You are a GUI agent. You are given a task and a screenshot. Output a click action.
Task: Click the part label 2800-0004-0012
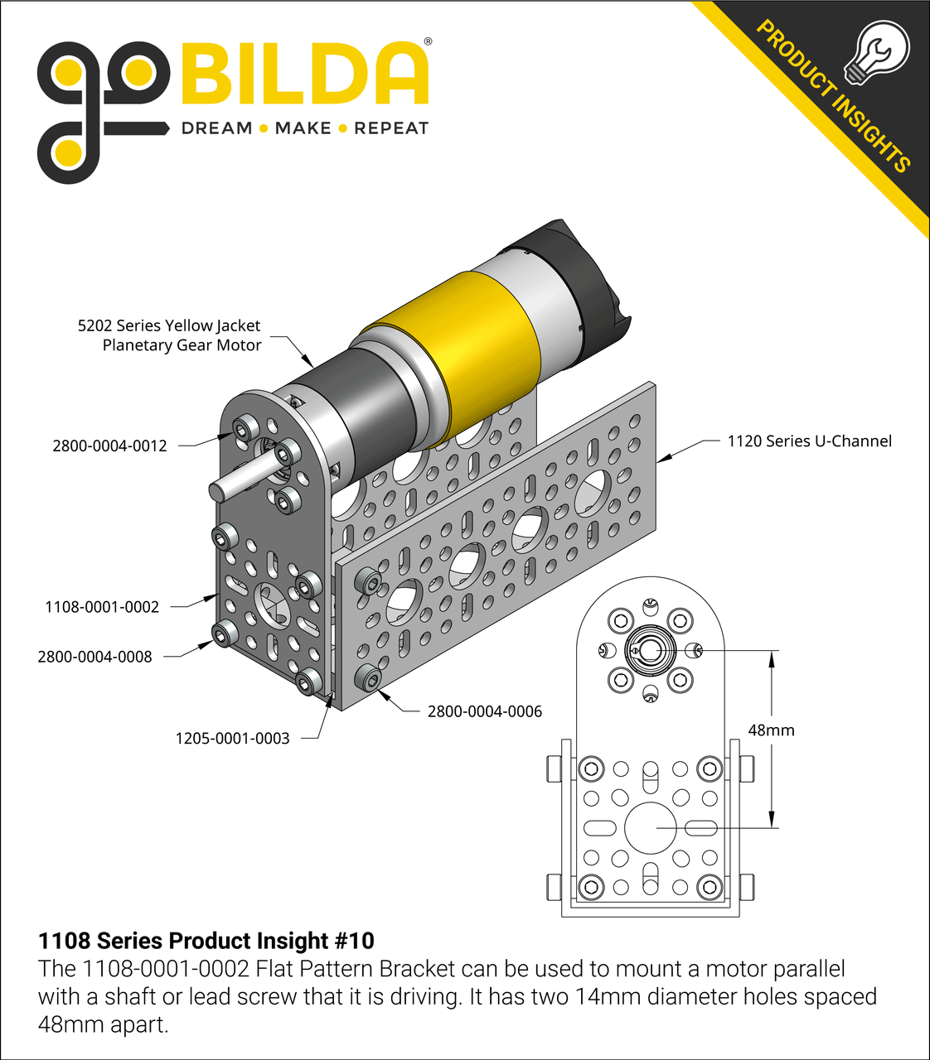pyautogui.click(x=109, y=446)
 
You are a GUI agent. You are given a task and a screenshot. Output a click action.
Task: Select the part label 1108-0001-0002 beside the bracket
pyautogui.click(x=102, y=607)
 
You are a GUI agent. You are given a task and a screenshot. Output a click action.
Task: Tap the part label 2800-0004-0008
pyautogui.click(x=94, y=657)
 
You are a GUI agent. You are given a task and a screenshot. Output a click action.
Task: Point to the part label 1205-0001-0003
pyautogui.click(x=232, y=738)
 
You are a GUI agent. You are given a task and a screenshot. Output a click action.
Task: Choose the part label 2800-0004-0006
pyautogui.click(x=484, y=711)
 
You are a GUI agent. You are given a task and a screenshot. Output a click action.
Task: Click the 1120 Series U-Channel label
pyautogui.click(x=809, y=441)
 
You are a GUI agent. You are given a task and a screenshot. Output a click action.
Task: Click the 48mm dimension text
pyautogui.click(x=771, y=730)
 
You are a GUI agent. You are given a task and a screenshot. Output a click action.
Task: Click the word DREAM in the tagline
pyautogui.click(x=216, y=128)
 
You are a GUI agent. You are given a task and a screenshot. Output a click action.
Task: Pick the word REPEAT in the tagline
pyautogui.click(x=391, y=128)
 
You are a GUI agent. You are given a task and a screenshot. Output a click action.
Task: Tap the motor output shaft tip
pyautogui.click(x=217, y=489)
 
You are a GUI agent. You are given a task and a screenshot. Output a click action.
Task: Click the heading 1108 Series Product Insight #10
pyautogui.click(x=206, y=941)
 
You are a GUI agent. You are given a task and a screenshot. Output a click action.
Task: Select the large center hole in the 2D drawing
pyautogui.click(x=651, y=827)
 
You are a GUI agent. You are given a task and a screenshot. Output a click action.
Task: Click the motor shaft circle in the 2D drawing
pyautogui.click(x=650, y=651)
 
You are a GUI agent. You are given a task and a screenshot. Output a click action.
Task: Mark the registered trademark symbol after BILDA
pyautogui.click(x=428, y=41)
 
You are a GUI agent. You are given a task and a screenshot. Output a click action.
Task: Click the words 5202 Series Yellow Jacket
pyautogui.click(x=169, y=325)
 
